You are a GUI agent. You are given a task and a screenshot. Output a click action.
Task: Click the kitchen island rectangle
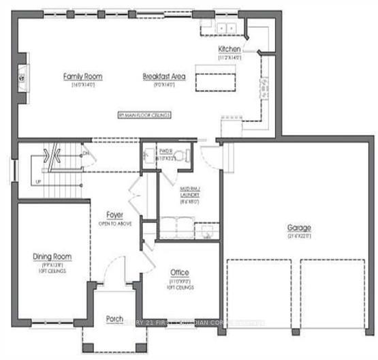pyautogui.click(x=215, y=78)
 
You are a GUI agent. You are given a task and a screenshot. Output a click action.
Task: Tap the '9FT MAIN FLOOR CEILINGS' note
pyautogui.click(x=143, y=116)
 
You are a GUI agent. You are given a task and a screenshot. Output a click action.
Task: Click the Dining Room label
pyautogui.click(x=52, y=256)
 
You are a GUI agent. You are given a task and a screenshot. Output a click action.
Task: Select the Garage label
pyautogui.click(x=299, y=227)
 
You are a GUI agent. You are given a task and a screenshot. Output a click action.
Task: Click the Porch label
pyautogui.click(x=114, y=318)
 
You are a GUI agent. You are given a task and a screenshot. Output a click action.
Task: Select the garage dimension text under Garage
pyautogui.click(x=299, y=236)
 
